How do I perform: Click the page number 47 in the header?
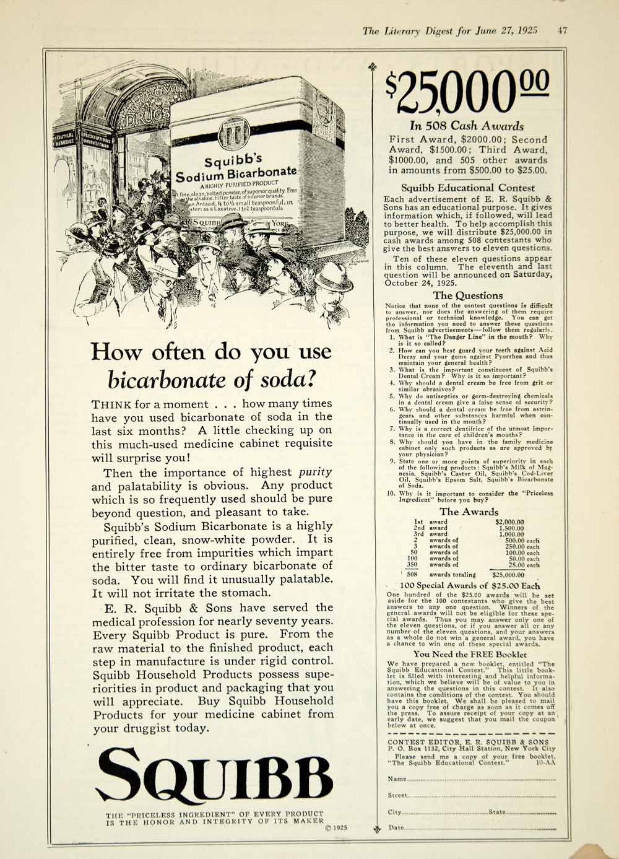pyautogui.click(x=561, y=30)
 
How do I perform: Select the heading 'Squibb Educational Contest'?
pyautogui.click(x=468, y=188)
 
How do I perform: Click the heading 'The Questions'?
pyautogui.click(x=468, y=295)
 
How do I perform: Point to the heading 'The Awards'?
pyautogui.click(x=469, y=512)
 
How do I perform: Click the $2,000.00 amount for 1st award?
pyautogui.click(x=509, y=521)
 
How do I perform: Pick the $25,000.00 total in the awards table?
pyautogui.click(x=508, y=575)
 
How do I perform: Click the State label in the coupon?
pyautogui.click(x=497, y=812)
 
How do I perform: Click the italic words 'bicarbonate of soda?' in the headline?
pyautogui.click(x=212, y=378)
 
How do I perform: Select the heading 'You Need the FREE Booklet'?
pyautogui.click(x=470, y=654)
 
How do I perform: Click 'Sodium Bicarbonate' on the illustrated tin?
pyautogui.click(x=235, y=174)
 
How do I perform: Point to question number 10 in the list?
pyautogui.click(x=391, y=494)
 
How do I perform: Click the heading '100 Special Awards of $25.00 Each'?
pyautogui.click(x=470, y=585)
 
